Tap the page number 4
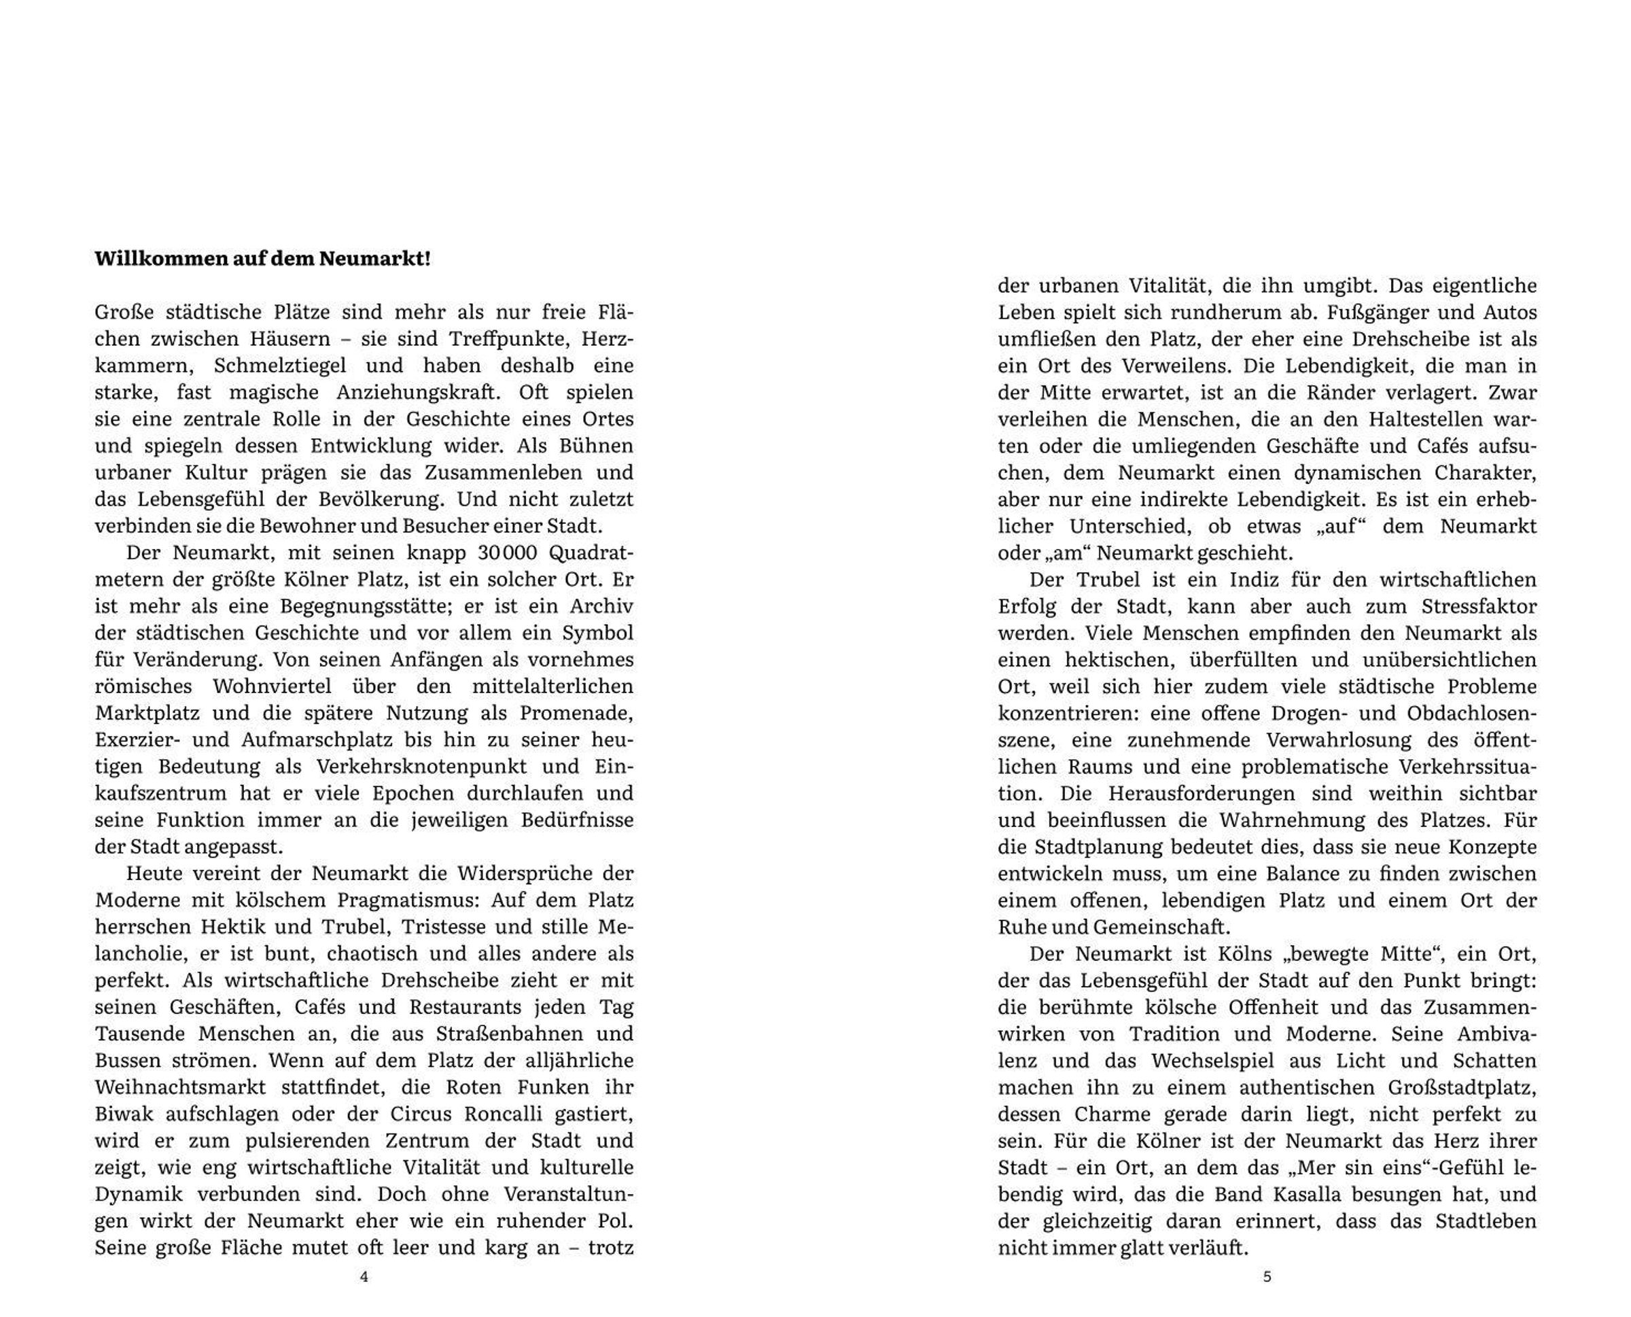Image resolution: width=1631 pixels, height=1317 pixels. point(364,1277)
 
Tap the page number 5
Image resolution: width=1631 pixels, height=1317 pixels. point(1267,1277)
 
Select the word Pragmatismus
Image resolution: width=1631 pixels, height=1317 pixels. point(402,900)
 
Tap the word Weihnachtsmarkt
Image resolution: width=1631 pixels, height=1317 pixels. point(181,1087)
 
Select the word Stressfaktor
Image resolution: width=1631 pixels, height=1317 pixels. point(1479,606)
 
